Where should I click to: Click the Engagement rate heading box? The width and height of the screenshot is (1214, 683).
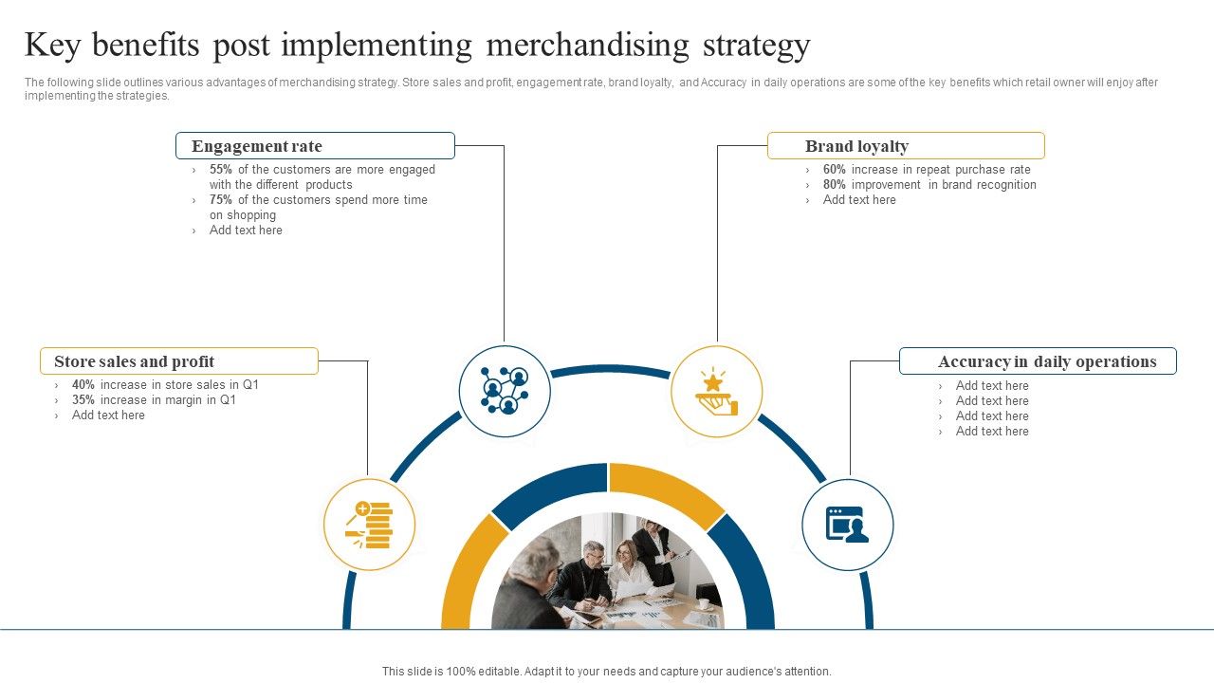coord(315,146)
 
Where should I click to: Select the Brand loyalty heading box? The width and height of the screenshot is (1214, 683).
coord(905,146)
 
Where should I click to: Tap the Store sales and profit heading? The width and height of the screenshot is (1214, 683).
coord(179,361)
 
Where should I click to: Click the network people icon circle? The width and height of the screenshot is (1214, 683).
coord(505,391)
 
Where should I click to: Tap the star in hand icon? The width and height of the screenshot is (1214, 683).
coord(716,392)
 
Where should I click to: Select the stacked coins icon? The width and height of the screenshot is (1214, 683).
coord(370,525)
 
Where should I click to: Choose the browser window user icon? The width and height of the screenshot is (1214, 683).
coord(847,525)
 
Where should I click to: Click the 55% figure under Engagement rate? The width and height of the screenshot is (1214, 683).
coord(221,170)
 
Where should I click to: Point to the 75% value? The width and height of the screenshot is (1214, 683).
coord(221,200)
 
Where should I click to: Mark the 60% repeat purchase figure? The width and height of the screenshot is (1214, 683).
coord(835,170)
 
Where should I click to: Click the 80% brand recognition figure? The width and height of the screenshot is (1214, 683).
coord(835,185)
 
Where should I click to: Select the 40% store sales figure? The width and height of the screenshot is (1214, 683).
coord(83,385)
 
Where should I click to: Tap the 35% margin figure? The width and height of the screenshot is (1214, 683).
coord(83,400)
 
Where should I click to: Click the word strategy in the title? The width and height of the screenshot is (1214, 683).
coord(751,46)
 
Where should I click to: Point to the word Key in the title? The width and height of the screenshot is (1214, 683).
coord(53,46)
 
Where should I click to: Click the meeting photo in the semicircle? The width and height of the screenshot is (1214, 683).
coord(607,574)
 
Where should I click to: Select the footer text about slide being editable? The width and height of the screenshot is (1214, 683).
coord(607,671)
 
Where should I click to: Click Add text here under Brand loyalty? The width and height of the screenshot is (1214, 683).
coord(859,200)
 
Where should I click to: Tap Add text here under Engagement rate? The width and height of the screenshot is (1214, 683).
coord(246,231)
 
